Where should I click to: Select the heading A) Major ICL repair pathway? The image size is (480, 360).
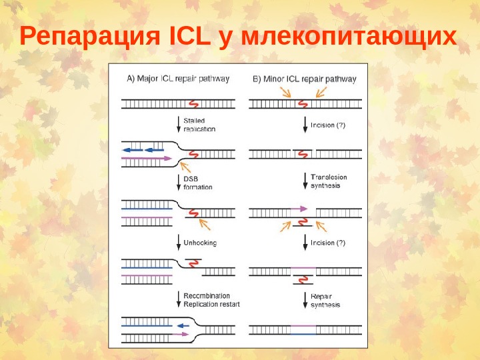tap(178, 79)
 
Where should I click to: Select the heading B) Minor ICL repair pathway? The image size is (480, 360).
tap(304, 79)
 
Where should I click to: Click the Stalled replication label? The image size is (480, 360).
tap(199, 125)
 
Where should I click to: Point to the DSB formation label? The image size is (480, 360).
tap(197, 183)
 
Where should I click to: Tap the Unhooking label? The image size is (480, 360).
tap(200, 243)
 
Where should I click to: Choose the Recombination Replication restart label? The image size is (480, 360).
tap(211, 300)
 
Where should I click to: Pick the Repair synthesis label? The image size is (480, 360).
tap(325, 300)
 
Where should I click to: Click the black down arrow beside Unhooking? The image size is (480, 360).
tap(178, 242)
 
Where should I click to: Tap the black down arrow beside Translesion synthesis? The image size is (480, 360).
tap(305, 180)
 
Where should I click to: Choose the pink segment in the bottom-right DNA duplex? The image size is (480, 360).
tap(303, 326)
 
